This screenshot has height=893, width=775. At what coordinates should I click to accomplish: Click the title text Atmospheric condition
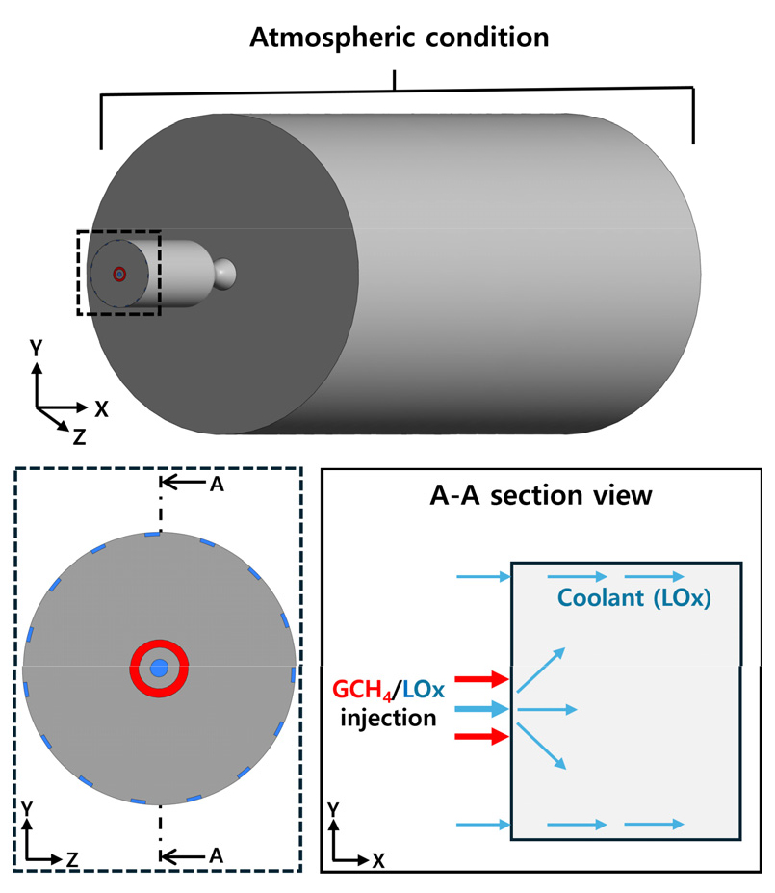[x=399, y=39]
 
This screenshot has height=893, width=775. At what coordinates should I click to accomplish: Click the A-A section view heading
[x=540, y=495]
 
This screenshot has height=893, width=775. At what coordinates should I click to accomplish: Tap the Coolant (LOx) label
[x=633, y=598]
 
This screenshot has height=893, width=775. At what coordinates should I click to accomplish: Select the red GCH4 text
[x=363, y=690]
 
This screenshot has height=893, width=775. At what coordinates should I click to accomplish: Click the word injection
[x=388, y=719]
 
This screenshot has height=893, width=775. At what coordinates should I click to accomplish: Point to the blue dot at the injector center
[x=159, y=668]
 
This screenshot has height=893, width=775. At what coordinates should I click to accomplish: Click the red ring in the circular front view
[x=159, y=643]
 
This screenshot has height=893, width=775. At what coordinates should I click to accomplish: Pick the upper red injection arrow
[x=481, y=678]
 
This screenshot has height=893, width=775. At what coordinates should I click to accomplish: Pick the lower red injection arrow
[x=481, y=736]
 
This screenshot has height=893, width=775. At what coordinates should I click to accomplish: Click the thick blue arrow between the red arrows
[x=481, y=709]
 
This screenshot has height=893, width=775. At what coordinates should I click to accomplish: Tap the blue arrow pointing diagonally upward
[x=541, y=670]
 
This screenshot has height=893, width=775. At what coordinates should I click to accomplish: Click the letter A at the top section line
[x=217, y=485]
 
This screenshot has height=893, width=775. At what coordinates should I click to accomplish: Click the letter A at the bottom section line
[x=216, y=855]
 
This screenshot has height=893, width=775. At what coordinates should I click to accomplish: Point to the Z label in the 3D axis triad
[x=79, y=436]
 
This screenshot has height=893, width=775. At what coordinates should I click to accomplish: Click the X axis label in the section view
[x=378, y=860]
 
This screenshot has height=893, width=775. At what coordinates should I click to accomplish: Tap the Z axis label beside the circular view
[x=72, y=859]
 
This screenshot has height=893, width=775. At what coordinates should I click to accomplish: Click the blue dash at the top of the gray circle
[x=152, y=535]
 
